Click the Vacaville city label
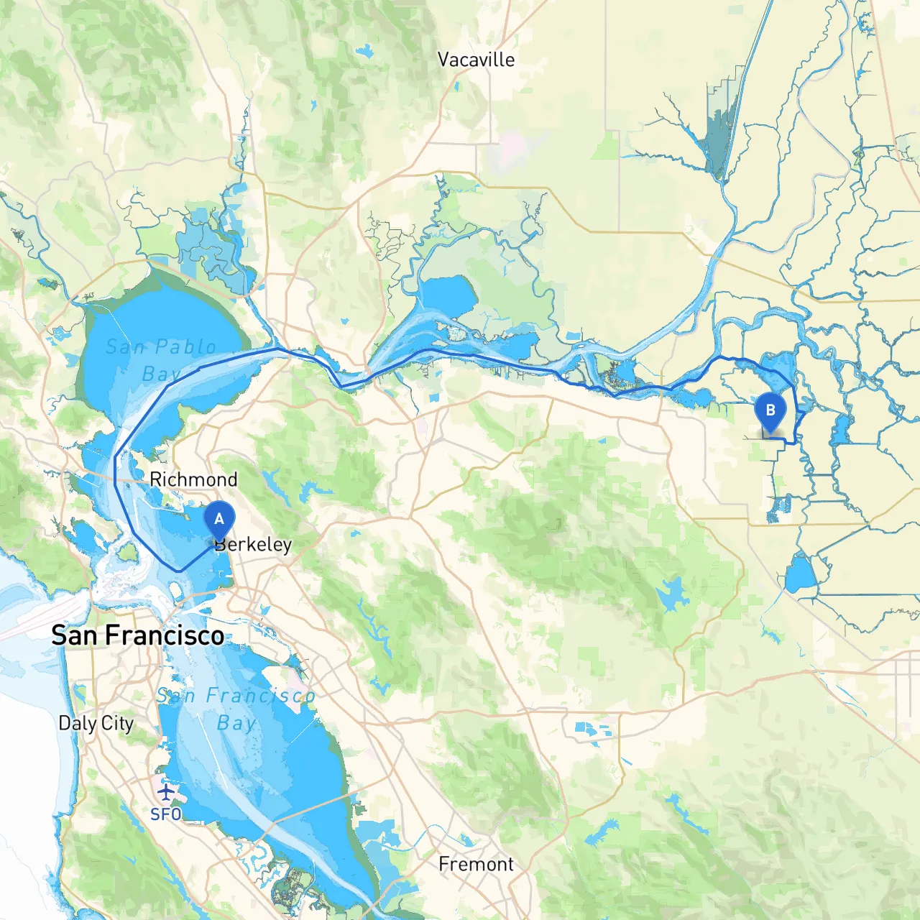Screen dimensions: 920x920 pos(476,60)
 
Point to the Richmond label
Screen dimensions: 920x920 pos(193,479)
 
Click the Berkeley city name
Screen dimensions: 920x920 pos(254,545)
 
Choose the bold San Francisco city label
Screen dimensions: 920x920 pos(138,635)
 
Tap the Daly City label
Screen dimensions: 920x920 pos(96,723)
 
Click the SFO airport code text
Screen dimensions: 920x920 pos(166,814)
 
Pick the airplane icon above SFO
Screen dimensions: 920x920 pos(166,792)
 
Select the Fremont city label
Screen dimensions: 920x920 pos(476,864)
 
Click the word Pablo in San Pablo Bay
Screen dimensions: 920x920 pos(185,347)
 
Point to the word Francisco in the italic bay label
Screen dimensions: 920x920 pos(260,696)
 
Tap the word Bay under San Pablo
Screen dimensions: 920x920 pos(161,374)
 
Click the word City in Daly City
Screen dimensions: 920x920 pos(117,723)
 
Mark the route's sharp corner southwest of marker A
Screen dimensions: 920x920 pos(179,571)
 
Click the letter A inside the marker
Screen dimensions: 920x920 pos(219,519)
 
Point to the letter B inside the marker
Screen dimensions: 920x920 pos(770,410)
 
